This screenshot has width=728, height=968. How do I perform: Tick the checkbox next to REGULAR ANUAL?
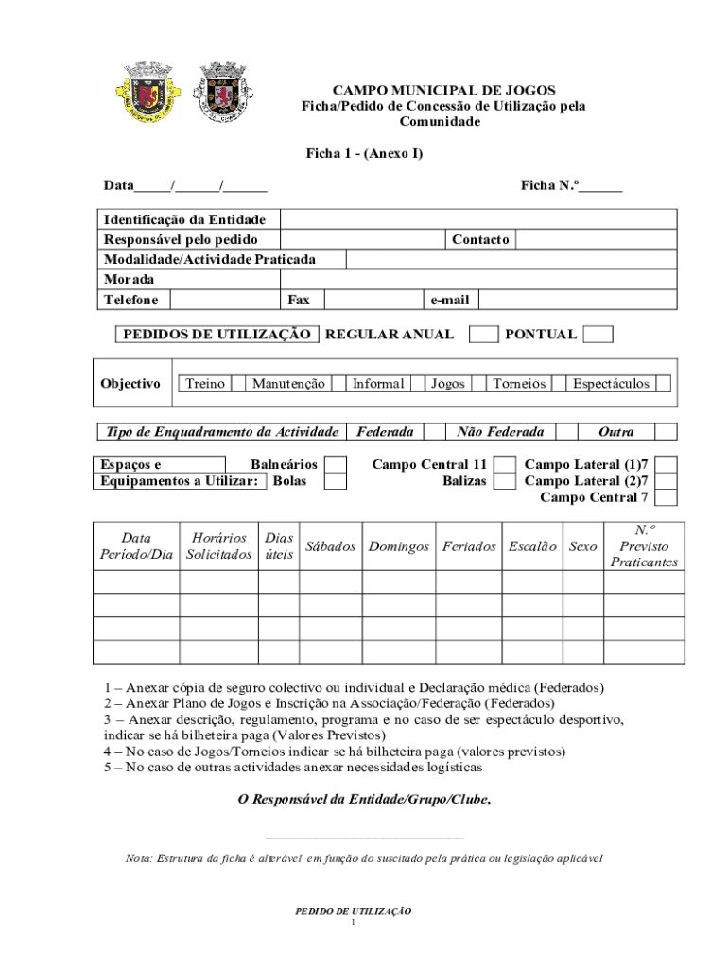[484, 334]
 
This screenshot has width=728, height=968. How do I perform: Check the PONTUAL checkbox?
[598, 334]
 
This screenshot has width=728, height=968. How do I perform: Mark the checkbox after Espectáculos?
[663, 384]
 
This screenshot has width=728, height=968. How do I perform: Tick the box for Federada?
[434, 432]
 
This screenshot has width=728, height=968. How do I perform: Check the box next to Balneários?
[335, 464]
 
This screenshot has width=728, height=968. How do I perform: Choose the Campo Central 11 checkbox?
[506, 464]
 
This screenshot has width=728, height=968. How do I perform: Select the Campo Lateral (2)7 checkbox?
[667, 481]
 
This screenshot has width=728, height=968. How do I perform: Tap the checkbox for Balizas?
[506, 481]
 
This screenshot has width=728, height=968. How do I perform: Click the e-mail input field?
[577, 300]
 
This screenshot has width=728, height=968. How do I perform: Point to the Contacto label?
[480, 239]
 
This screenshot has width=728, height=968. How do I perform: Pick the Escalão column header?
[532, 546]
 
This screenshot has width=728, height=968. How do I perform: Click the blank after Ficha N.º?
[600, 185]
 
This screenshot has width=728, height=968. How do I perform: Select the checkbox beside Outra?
[666, 432]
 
